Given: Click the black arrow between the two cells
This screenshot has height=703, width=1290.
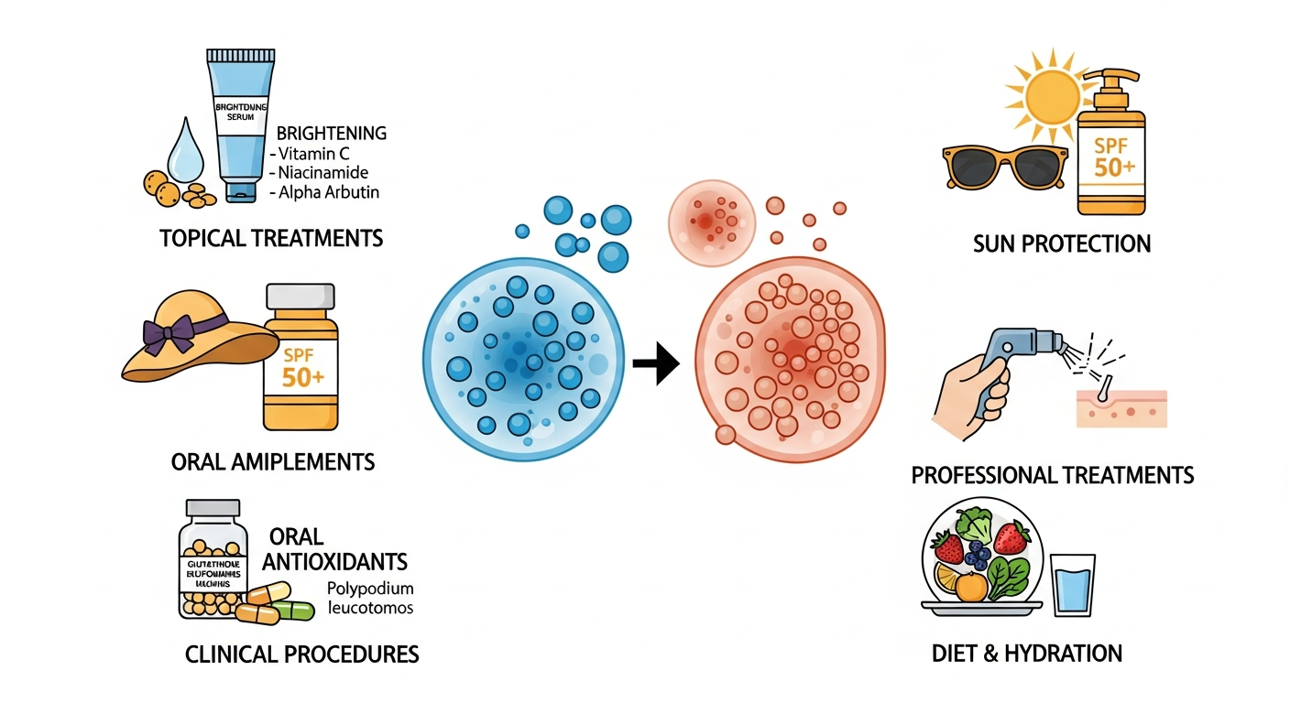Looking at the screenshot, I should pos(656,365).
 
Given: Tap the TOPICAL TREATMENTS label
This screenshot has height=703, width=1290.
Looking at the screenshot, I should pos(271,239).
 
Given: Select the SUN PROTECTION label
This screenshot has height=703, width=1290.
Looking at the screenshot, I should pos(1062,243).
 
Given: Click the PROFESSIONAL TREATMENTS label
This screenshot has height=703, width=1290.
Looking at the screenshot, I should pos(1053,475).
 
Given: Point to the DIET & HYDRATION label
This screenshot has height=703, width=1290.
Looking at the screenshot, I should pos(1026,654).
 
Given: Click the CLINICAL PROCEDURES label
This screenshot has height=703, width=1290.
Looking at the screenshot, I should pos(302,654).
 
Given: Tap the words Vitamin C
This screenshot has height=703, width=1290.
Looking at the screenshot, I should pos(312,154).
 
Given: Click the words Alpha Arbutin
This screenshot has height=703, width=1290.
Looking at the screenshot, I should pos(328,192).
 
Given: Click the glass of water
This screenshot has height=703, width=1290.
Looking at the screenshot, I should pos(1072,585).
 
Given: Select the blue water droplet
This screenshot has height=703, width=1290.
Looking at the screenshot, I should pos(188,150).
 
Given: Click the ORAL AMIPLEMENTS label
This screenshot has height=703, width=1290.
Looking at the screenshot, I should pos(273,461).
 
